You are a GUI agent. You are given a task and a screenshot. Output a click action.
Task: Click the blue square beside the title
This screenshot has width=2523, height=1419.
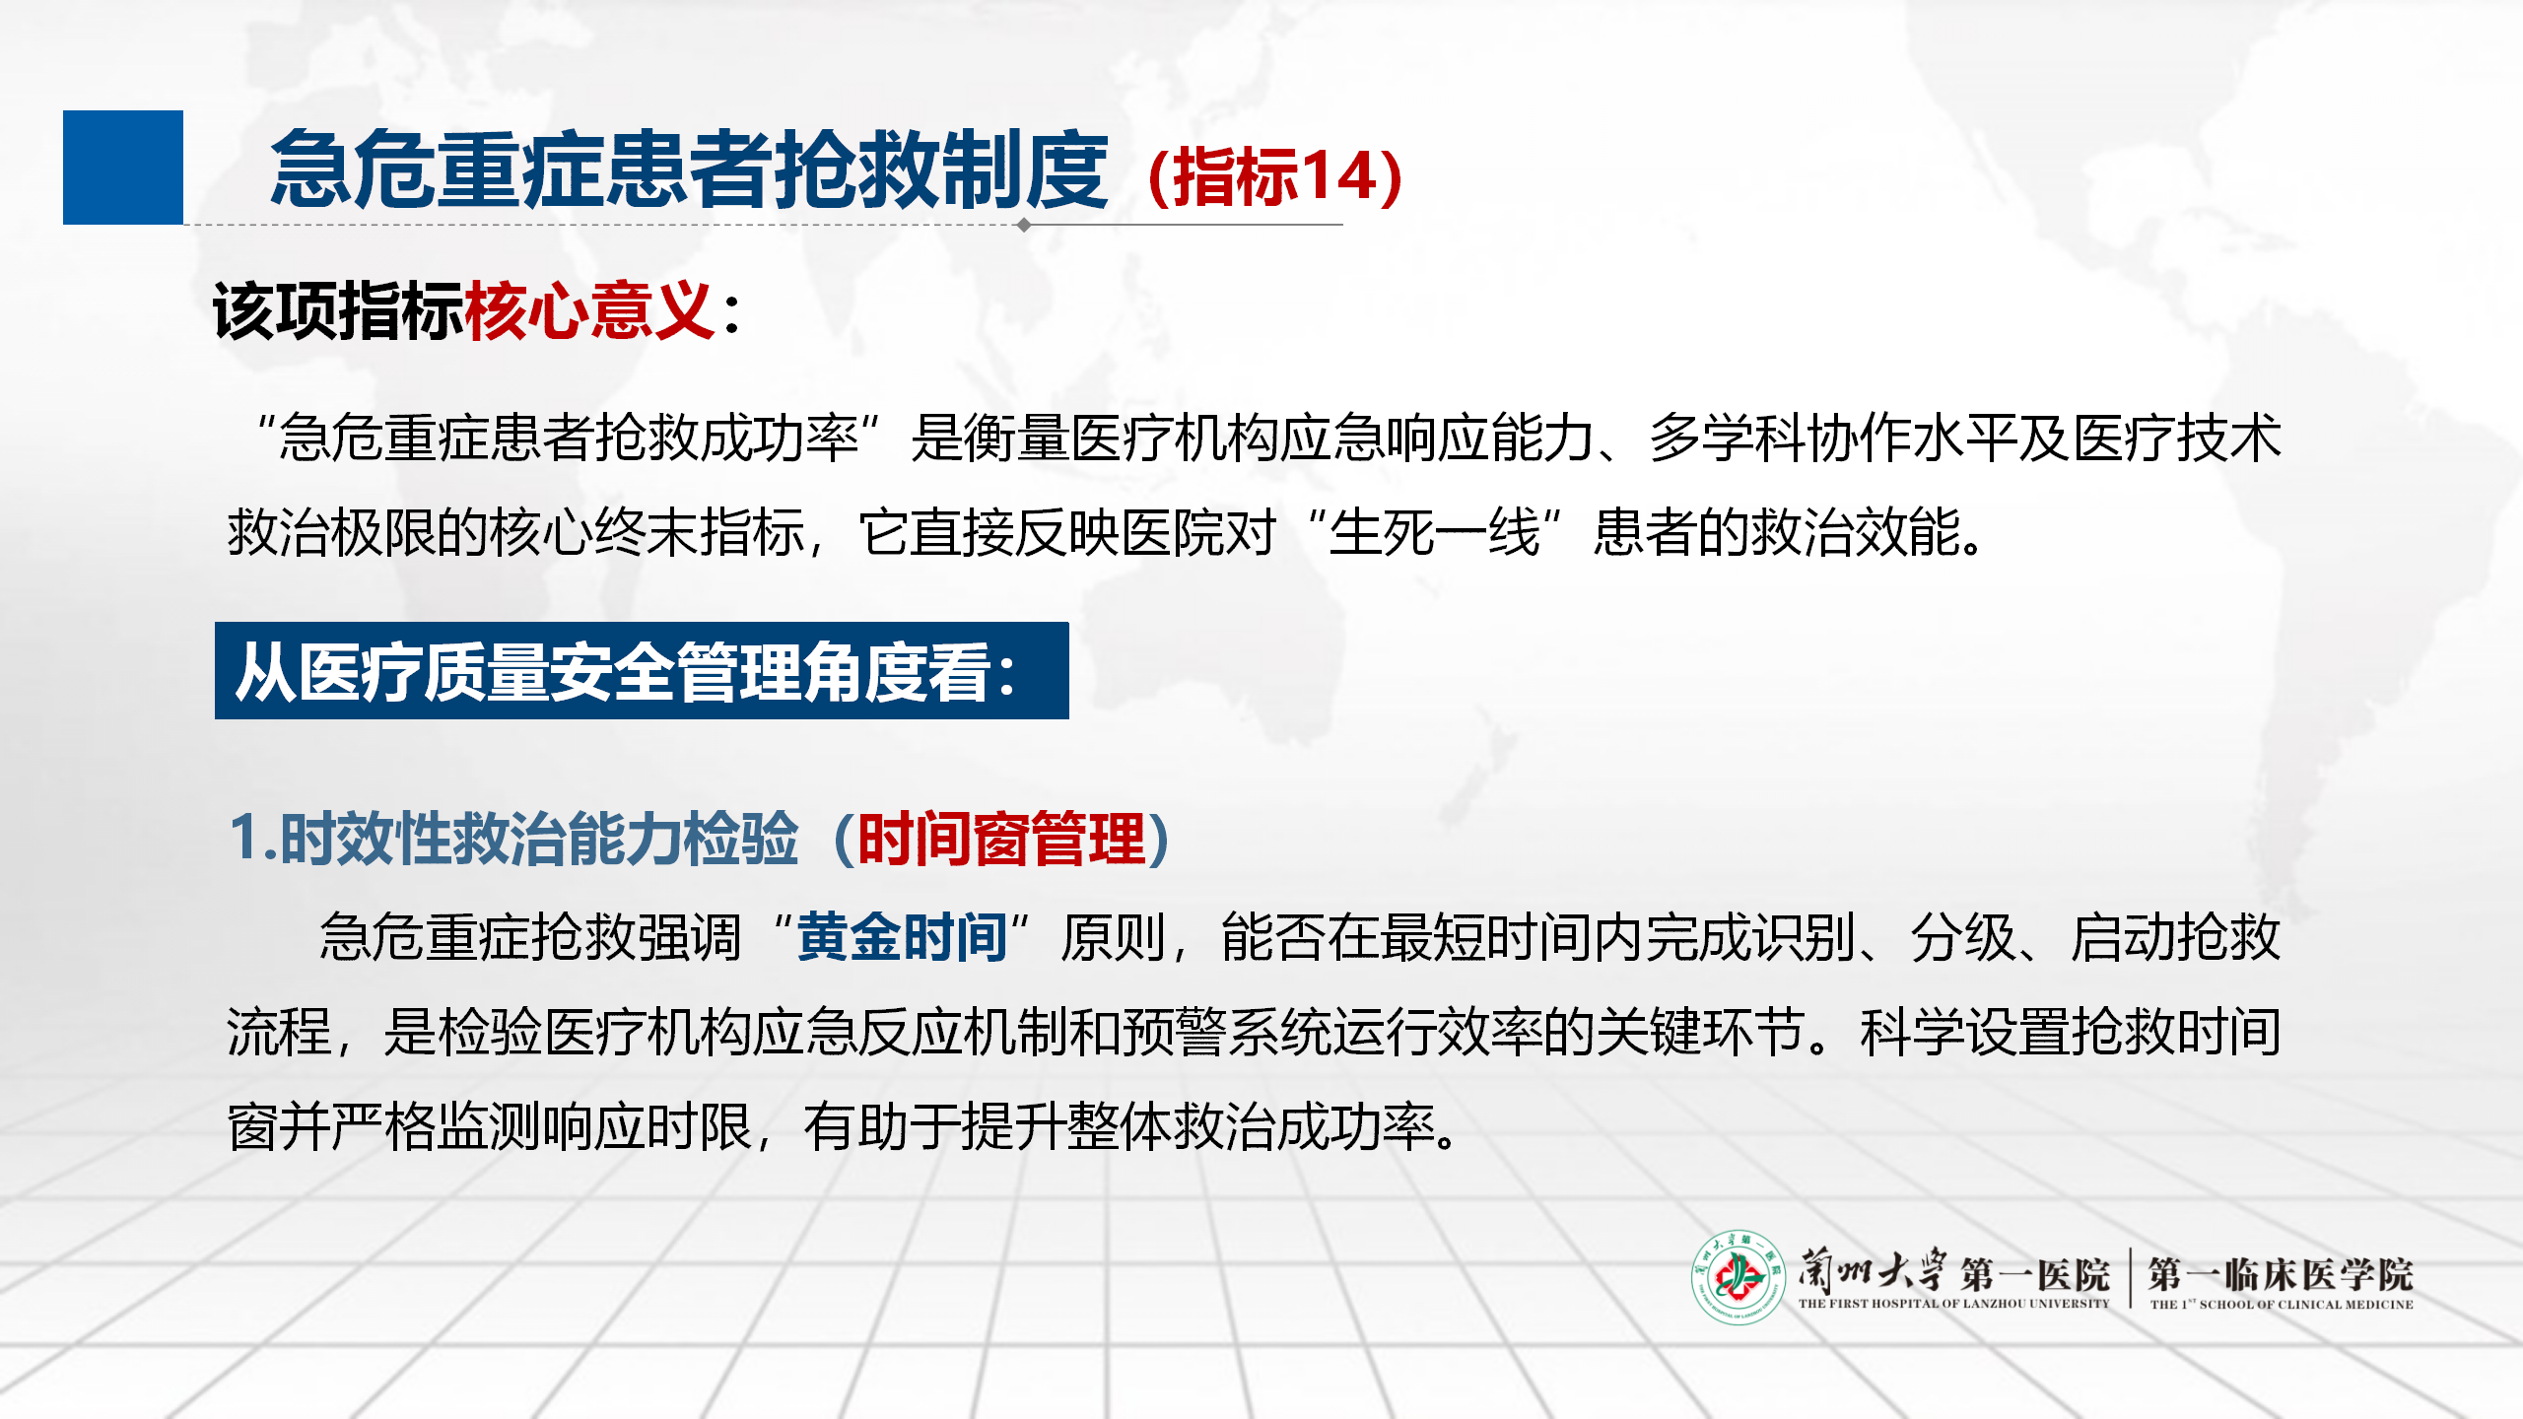coord(123,168)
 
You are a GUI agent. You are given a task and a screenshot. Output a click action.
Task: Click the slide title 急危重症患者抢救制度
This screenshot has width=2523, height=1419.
coord(689,169)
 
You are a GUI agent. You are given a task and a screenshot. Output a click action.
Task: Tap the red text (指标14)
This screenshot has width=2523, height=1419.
coord(1275,176)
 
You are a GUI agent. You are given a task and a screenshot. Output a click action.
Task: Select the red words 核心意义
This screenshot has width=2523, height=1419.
coord(589,310)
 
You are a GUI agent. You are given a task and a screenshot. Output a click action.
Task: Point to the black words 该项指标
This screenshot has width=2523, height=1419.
coord(338,310)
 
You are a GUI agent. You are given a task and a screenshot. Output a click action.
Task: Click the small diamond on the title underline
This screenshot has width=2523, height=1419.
coord(1024,225)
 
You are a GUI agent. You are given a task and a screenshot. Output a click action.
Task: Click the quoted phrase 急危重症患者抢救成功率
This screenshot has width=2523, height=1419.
coord(569,438)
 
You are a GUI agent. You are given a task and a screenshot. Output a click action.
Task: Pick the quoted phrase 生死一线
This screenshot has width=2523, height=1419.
coord(1435,533)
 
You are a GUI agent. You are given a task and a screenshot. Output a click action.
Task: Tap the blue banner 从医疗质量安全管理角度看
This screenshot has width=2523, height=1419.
coord(642,670)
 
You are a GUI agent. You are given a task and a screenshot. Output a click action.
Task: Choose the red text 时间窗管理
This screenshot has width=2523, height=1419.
coord(1001,840)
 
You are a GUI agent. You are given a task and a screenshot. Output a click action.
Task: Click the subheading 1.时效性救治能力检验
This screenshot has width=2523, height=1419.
coord(513,840)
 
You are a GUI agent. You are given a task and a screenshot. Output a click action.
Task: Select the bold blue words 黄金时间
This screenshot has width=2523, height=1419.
coord(902,936)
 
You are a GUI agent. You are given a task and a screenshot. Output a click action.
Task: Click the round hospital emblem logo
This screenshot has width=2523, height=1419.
coord(1739,1277)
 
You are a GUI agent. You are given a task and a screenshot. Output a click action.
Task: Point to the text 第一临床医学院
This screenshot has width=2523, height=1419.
coord(2281,1274)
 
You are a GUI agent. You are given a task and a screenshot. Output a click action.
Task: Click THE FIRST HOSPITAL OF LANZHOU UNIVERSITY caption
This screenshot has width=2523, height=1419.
coord(1953,1304)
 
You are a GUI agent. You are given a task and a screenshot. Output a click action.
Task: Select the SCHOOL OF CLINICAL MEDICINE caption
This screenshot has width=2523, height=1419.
coord(2306,1305)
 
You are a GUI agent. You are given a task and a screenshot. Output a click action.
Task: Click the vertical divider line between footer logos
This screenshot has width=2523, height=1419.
coord(2130,1278)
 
